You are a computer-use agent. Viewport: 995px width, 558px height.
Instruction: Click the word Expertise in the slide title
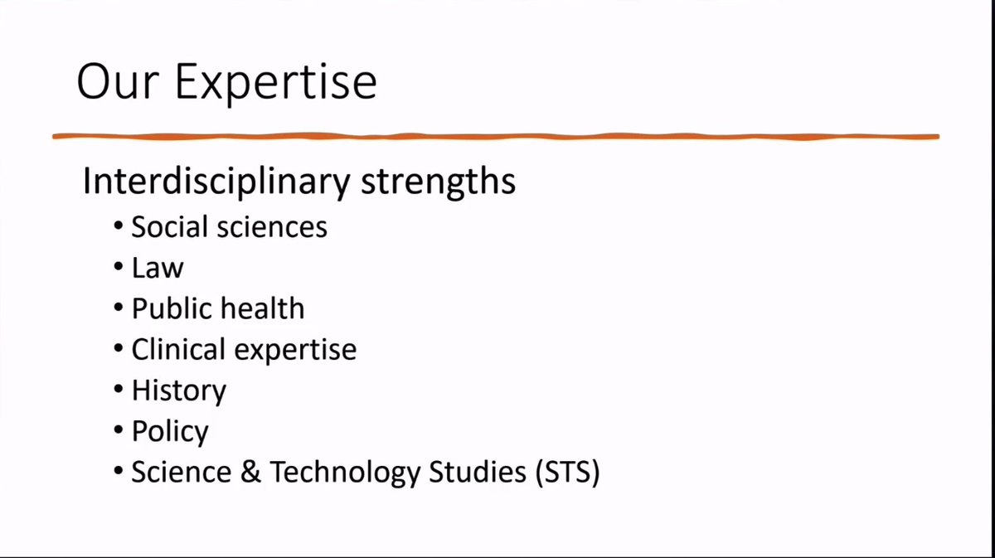point(276,83)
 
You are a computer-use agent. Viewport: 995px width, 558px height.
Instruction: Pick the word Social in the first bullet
point(169,226)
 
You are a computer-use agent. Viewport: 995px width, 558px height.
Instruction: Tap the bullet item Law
point(158,267)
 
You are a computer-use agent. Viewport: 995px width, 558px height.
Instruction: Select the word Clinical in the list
point(178,349)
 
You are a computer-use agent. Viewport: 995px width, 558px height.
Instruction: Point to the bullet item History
point(178,391)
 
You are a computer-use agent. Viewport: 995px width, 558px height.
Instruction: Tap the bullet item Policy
point(170,432)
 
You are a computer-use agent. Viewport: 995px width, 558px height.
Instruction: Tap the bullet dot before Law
point(119,268)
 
